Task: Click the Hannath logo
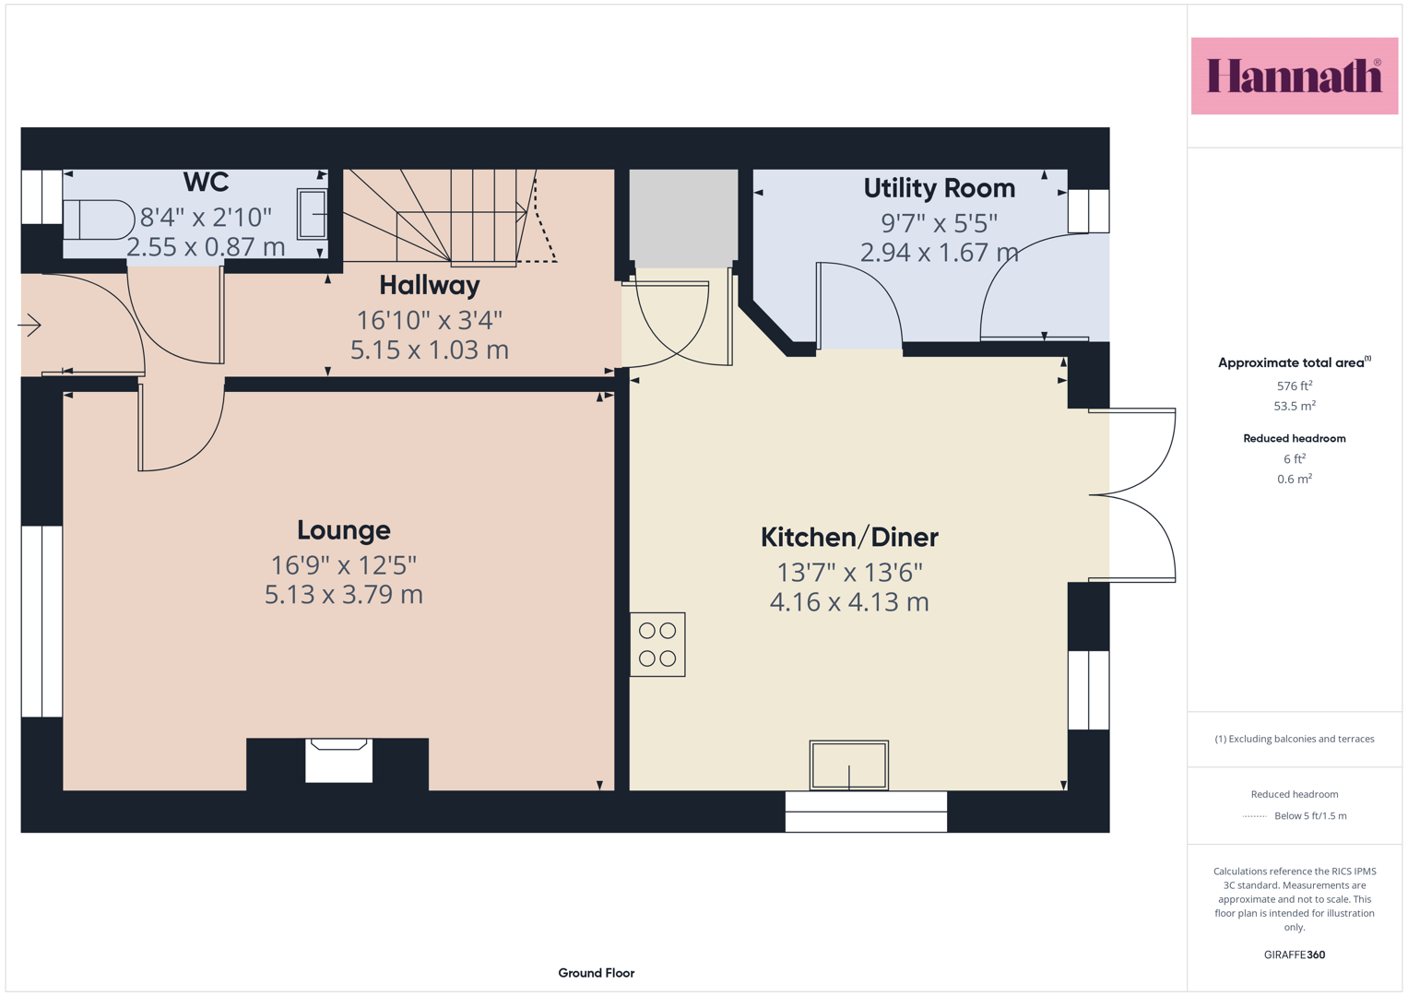click(1295, 76)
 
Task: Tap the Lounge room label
click(344, 530)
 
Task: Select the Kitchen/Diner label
click(849, 537)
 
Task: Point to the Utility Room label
click(939, 188)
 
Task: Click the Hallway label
click(430, 286)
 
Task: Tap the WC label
click(206, 182)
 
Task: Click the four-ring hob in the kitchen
click(657, 645)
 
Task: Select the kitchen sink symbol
click(848, 765)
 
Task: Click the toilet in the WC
click(99, 219)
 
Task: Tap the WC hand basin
click(312, 214)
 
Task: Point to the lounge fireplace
click(338, 761)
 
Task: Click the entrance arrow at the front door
click(29, 325)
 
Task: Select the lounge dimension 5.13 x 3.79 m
click(343, 594)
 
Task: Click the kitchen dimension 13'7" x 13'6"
click(849, 572)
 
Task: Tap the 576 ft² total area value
click(1295, 385)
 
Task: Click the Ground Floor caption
click(596, 973)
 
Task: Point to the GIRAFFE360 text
click(1295, 954)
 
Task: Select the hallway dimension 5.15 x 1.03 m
click(430, 350)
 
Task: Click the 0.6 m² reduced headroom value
click(1295, 479)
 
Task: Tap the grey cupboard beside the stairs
click(683, 219)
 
